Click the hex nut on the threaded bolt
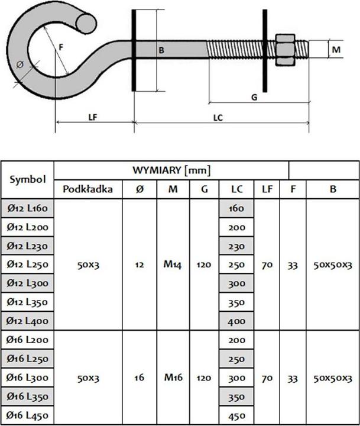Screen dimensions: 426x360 (x=286, y=50)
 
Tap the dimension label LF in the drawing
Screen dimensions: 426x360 (x=93, y=117)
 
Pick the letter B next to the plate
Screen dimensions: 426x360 (x=161, y=50)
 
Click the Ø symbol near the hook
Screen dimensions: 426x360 (x=21, y=64)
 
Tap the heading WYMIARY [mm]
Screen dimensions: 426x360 (x=171, y=170)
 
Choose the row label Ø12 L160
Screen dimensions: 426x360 (x=28, y=208)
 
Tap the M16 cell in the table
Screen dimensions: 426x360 (x=173, y=377)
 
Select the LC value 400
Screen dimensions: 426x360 (x=236, y=321)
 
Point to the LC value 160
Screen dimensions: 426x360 (x=236, y=208)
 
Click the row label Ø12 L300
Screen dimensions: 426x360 (x=28, y=283)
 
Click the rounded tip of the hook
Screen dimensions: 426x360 (x=86, y=22)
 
